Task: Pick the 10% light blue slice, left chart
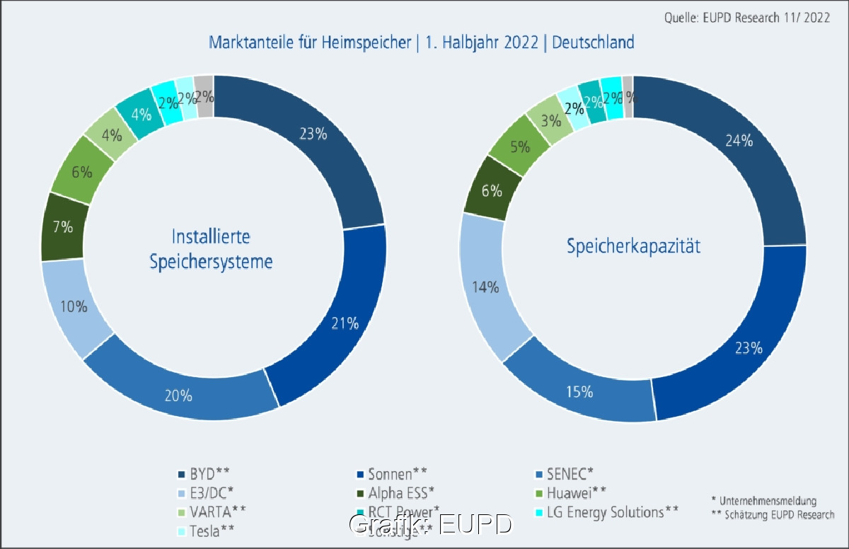pos(74,306)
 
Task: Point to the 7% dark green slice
pos(63,227)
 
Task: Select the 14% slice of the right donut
pos(489,287)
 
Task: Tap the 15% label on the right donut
pos(579,391)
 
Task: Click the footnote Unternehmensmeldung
pos(767,501)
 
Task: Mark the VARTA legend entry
pos(212,511)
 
